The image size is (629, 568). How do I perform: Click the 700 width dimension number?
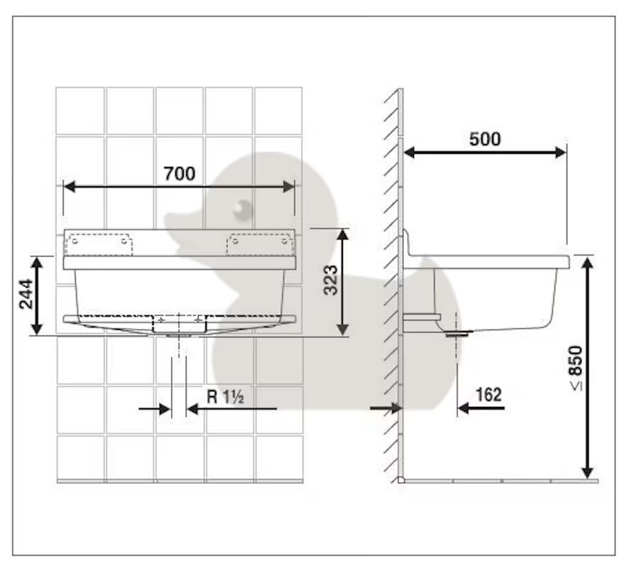pyautogui.click(x=180, y=173)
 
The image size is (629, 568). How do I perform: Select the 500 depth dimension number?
pyautogui.click(x=485, y=138)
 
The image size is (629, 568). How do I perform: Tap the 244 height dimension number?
pyautogui.click(x=26, y=294)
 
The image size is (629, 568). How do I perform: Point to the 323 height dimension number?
pyautogui.click(x=331, y=280)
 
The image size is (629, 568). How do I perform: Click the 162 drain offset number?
pyautogui.click(x=488, y=395)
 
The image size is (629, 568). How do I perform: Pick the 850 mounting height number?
pyautogui.click(x=576, y=361)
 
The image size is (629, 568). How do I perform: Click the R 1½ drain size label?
pyautogui.click(x=225, y=397)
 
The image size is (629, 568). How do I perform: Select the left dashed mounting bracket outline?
pyautogui.click(x=99, y=244)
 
